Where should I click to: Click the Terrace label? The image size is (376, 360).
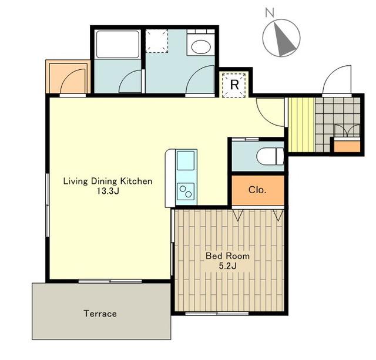click(100, 314)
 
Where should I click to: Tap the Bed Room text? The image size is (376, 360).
click(227, 256)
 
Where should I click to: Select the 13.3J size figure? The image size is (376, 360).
click(108, 191)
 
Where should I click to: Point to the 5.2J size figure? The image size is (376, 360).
click(227, 266)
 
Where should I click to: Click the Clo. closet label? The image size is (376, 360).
click(257, 190)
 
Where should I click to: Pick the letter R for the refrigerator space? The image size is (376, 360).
click(234, 85)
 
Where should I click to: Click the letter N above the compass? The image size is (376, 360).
click(270, 12)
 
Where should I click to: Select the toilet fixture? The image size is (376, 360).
click(270, 156)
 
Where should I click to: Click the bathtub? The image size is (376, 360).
click(117, 45)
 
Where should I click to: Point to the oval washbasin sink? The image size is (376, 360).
click(201, 47)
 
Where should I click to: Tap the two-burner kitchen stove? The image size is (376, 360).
click(186, 191)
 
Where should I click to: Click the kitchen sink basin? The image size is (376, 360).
click(186, 160)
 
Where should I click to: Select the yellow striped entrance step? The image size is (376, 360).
click(301, 125)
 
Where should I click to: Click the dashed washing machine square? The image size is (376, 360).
click(157, 41)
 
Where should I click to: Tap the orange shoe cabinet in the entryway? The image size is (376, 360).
click(347, 147)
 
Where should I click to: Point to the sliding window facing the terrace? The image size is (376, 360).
click(110, 281)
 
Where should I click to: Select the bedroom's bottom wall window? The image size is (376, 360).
click(217, 314)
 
